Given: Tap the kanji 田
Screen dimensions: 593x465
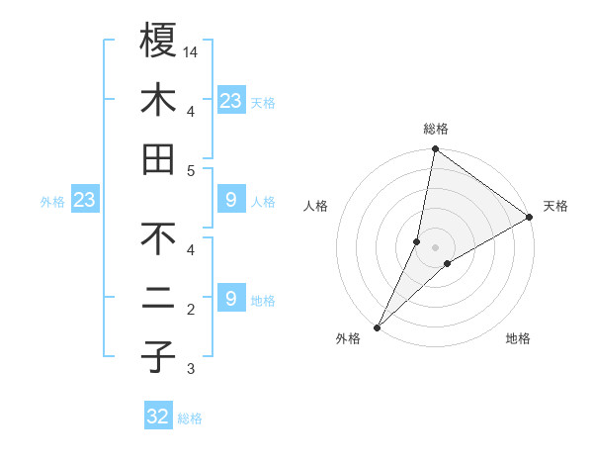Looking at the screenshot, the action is [159, 160].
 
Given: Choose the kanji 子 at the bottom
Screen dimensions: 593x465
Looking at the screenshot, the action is [159, 358].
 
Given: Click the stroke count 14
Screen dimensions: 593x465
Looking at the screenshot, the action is [192, 50].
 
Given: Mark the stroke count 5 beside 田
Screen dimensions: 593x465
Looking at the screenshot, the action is [190, 171].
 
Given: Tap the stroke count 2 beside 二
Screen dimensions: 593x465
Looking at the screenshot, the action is [190, 310].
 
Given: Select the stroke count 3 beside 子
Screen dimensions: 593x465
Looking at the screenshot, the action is [190, 370].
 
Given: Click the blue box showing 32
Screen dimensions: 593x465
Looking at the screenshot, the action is [158, 417].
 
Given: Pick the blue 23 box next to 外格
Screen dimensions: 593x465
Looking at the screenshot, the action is [85, 201].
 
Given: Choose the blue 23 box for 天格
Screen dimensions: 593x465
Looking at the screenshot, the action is [231, 101].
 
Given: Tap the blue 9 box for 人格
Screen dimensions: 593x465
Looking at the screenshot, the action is [231, 201].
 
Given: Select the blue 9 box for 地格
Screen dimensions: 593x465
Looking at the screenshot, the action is [231, 298].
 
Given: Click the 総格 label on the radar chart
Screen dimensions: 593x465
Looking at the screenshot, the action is [436, 129].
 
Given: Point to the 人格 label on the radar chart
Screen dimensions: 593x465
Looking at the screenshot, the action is [316, 207].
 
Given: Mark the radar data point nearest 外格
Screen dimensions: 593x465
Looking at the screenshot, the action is [378, 327].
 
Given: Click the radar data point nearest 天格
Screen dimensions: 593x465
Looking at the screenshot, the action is [530, 218].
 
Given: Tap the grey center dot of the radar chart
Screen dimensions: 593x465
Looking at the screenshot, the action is [436, 247].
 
